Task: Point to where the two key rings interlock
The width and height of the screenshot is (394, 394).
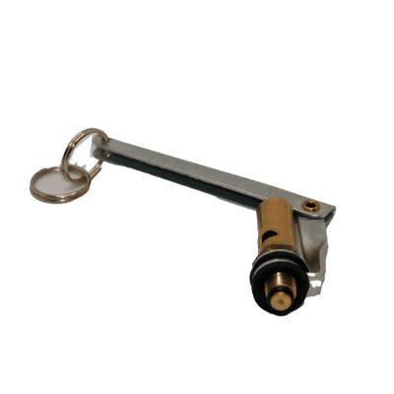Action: coord(70,172)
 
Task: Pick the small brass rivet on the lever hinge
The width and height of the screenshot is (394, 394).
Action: coord(311,205)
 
